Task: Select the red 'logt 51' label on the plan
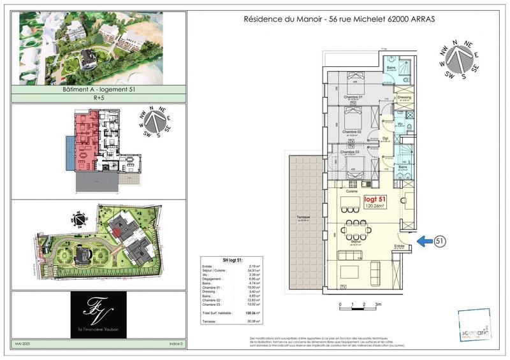pos(374,199)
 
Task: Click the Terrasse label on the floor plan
pos(303,218)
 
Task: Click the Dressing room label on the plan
pos(404,97)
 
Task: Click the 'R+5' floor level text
pos(98,99)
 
